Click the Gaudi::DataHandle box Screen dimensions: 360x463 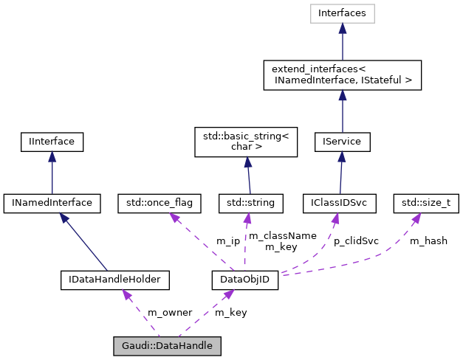click(x=167, y=345)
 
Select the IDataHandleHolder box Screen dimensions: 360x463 click(x=114, y=280)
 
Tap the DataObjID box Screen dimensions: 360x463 click(x=245, y=280)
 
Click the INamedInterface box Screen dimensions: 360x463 click(x=52, y=201)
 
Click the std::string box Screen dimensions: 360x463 click(x=247, y=201)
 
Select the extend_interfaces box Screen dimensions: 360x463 click(x=343, y=75)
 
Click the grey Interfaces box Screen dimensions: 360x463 click(x=343, y=13)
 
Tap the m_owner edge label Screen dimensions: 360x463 click(x=170, y=312)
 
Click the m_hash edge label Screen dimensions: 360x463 click(x=428, y=240)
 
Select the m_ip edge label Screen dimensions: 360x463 click(x=227, y=240)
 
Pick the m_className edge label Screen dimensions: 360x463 click(x=282, y=235)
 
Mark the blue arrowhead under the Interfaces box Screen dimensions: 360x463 click(x=343, y=28)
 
